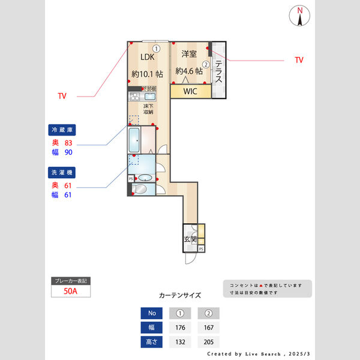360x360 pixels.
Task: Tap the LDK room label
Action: point(148,57)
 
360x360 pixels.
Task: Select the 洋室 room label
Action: point(188,54)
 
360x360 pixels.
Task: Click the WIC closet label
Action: point(190,91)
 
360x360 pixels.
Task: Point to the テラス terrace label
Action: point(219,72)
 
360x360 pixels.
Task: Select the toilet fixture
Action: point(139,189)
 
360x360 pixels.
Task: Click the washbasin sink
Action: point(145,178)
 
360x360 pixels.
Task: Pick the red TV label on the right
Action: point(299,60)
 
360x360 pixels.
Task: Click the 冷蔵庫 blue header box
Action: point(63,130)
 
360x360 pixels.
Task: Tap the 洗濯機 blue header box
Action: point(63,172)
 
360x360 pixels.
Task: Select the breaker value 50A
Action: point(71,292)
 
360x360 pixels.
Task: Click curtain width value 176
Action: point(180,328)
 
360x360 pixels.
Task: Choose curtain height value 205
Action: point(208,342)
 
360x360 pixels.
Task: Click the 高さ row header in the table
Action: point(151,342)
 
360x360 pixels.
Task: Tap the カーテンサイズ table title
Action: point(180,295)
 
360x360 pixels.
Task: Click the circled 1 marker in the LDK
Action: point(156,49)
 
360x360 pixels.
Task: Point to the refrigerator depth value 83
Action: point(68,143)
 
